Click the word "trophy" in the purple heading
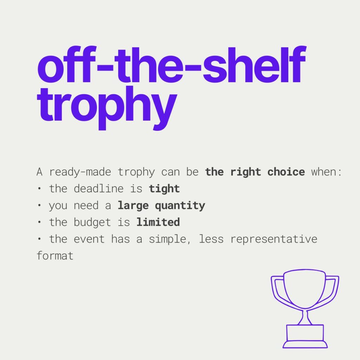coord(107,108)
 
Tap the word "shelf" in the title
coord(254,64)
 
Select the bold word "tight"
coord(164,189)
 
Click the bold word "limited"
coord(158,222)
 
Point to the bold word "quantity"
coord(180,206)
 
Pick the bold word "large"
coord(133,206)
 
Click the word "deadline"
coord(98,188)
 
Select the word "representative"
coord(274,239)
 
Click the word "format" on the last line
coord(55,256)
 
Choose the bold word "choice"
coord(286,172)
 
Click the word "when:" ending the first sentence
coord(326,172)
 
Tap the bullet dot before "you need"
coord(39,205)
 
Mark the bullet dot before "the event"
coord(39,239)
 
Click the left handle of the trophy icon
coord(279,290)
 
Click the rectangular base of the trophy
coord(305,333)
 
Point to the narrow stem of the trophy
coord(305,317)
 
